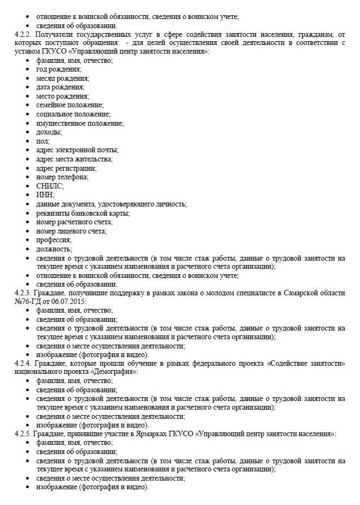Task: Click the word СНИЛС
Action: (50, 185)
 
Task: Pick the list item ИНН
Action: (45, 195)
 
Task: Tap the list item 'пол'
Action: (42, 141)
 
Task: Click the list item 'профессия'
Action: (54, 239)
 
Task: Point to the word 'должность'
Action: (54, 248)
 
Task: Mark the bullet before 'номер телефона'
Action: (29, 177)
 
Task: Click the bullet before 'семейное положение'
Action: (29, 105)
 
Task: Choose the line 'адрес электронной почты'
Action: (77, 150)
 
